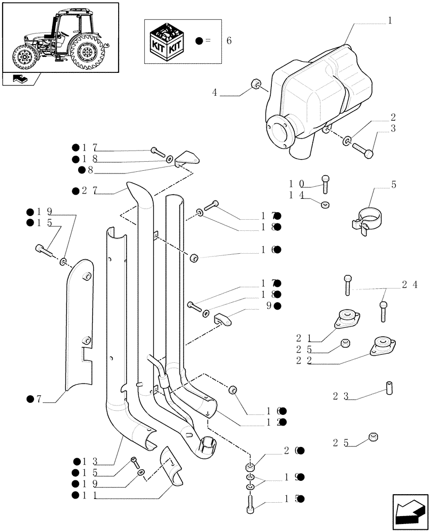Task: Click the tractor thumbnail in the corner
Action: [x=60, y=37]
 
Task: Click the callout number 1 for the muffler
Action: [x=390, y=21]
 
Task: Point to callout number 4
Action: [x=215, y=93]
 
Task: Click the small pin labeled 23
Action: [x=389, y=388]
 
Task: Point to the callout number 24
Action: [x=409, y=285]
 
